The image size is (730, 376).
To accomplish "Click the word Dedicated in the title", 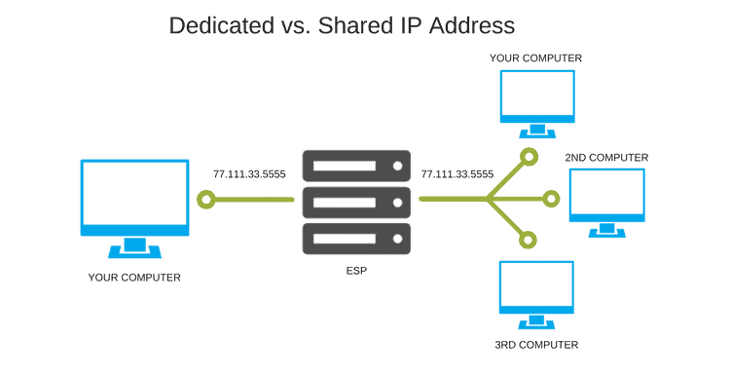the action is (x=221, y=25).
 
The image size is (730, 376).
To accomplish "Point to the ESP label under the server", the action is (x=356, y=271).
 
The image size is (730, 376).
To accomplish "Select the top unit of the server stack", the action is (x=356, y=166).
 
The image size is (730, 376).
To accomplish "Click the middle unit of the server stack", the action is (x=356, y=203).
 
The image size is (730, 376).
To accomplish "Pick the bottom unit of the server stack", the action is (x=356, y=239).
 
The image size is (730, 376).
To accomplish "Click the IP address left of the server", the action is (x=249, y=174).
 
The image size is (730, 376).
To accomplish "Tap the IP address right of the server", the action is (x=457, y=174).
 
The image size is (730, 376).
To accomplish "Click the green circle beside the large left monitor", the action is (x=206, y=200).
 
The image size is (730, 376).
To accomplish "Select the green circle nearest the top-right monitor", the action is (x=529, y=157).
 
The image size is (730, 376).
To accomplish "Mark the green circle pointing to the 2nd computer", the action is (x=551, y=199).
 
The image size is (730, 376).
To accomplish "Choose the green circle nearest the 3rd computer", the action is (x=528, y=241).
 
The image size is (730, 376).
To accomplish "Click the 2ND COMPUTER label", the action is (x=606, y=158).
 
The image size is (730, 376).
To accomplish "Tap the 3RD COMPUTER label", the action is (x=536, y=345).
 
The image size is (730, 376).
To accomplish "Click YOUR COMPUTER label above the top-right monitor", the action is (x=535, y=58).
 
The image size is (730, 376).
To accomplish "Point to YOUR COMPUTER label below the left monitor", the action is (x=134, y=278).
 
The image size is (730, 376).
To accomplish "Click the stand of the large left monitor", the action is (x=135, y=247).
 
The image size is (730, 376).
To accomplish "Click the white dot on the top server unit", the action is (x=397, y=166).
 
